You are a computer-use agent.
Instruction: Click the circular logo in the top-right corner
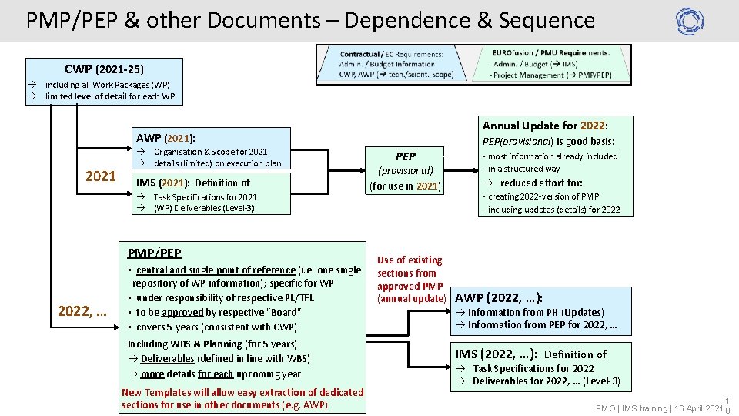(x=690, y=21)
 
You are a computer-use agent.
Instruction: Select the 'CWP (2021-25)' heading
(x=104, y=69)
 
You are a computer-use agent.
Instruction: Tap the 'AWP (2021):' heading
(x=165, y=138)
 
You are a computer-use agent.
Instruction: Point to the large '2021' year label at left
(x=101, y=176)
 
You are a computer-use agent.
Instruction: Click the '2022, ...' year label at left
(x=82, y=311)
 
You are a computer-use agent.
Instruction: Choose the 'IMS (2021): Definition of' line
(x=193, y=183)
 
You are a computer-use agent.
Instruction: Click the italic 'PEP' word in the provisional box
(x=406, y=156)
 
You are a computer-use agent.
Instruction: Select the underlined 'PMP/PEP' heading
(x=154, y=253)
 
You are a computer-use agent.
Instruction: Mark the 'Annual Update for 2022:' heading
(x=545, y=126)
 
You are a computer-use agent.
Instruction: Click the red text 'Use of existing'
(x=410, y=260)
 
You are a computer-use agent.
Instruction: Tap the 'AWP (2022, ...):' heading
(x=500, y=298)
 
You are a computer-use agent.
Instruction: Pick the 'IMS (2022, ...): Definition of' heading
(x=530, y=354)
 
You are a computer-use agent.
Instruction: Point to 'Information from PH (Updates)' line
(x=536, y=312)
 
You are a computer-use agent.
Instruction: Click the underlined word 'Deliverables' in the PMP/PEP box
(x=168, y=359)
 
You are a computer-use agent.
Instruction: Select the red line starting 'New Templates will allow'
(x=242, y=393)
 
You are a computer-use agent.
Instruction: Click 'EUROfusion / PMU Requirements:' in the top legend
(x=550, y=53)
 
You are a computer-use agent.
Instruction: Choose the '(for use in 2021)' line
(x=406, y=186)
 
